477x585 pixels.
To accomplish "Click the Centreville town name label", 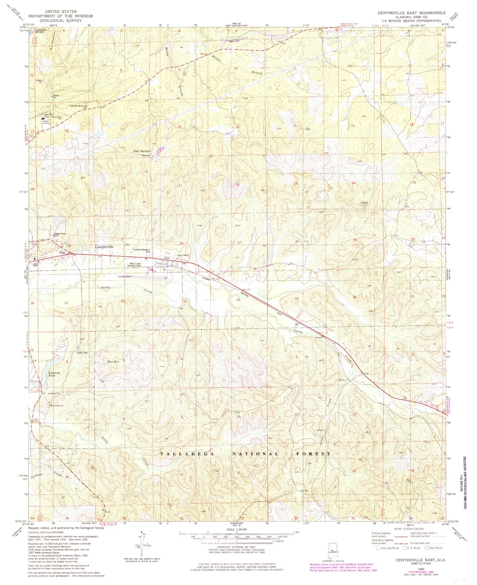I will click(x=104, y=247).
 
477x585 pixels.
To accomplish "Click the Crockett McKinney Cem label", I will click(x=78, y=107).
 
